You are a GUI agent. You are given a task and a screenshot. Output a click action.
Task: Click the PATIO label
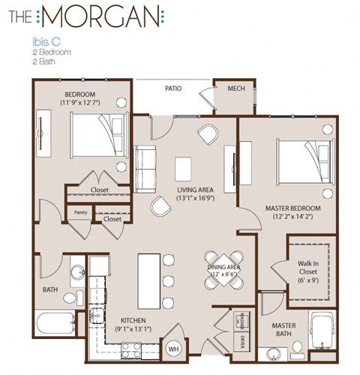tap(175, 88)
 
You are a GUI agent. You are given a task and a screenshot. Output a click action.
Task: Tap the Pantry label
tap(81, 212)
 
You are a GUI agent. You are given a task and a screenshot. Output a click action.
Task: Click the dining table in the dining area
tap(223, 267)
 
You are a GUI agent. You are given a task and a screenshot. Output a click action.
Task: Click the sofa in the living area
tap(145, 159)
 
